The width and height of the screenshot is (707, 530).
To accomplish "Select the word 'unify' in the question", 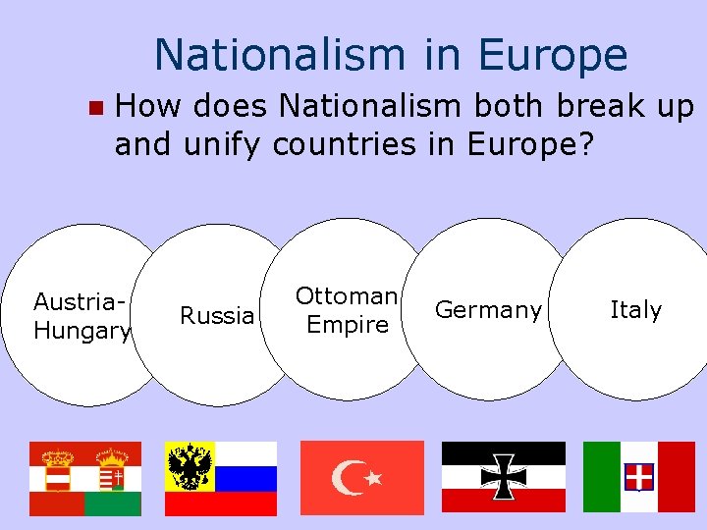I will coord(220,144).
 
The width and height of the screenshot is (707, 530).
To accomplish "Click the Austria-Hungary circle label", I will coord(81,316).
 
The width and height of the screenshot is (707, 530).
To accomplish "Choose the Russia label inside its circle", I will coord(216,316).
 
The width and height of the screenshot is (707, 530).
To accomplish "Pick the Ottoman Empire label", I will coord(347,310).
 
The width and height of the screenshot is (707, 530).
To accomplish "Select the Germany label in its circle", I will coord(488,310).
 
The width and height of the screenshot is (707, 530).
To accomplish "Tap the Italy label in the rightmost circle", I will coord(635,310).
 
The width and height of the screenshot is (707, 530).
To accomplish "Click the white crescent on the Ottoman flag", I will coord(348,478).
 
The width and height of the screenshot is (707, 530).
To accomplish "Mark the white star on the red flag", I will coord(373,479).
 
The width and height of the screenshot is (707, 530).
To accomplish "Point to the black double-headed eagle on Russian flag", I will coord(190,465).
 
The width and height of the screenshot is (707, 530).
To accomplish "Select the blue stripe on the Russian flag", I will coord(245,478).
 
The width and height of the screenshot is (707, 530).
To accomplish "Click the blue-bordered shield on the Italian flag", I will coord(639,477).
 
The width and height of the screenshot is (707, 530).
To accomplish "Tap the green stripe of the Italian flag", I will coord(601,477).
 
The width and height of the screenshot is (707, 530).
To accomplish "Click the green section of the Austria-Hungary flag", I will coord(112,503).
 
